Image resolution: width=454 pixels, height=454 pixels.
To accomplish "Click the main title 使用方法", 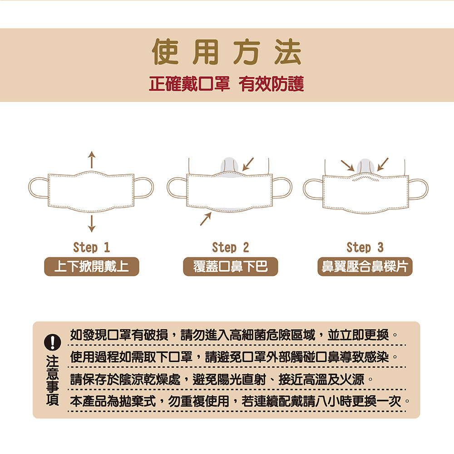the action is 227,52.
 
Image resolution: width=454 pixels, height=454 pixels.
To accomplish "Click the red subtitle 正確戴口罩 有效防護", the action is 227,84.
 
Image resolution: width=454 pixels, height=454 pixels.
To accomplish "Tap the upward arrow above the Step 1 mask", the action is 92,159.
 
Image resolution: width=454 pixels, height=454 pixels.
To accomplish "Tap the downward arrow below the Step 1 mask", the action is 92,223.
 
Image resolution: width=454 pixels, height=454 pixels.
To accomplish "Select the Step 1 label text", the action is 92,247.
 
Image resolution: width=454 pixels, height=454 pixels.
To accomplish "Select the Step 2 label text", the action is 231,247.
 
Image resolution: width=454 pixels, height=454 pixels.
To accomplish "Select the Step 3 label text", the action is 365,247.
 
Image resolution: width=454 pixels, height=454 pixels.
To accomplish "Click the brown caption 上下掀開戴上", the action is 92,266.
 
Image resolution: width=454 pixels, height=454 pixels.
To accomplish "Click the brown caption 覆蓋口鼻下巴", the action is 231,266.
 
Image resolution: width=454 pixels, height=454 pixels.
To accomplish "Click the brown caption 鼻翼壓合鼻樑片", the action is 365,266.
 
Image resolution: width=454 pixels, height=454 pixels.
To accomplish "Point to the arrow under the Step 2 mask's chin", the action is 206,219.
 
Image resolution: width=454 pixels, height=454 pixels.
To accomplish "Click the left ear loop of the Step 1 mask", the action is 38,188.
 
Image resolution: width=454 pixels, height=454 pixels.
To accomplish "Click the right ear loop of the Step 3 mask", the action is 418,189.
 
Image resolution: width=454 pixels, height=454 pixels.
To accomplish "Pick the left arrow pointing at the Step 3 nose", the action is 347,165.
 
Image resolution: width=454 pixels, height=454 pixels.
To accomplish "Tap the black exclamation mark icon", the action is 52,342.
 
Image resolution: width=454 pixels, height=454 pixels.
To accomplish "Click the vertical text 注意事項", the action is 52,380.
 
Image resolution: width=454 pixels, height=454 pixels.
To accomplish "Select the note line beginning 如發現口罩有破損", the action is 234,336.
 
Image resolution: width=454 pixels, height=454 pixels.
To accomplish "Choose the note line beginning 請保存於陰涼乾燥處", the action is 221,379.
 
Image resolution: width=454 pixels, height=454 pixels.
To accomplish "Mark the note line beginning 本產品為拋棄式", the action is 240,401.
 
